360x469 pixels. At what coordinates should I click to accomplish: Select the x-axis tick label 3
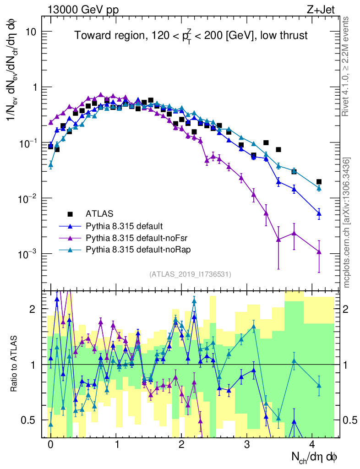(x=247, y=444)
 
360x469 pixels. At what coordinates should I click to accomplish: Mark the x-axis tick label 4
(x=312, y=444)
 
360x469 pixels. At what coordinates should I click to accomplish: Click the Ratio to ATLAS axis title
(x=15, y=364)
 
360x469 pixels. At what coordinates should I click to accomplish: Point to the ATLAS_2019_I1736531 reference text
(x=190, y=274)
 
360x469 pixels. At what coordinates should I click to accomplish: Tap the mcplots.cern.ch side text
(x=347, y=222)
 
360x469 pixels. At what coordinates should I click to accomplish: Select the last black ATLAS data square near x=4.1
(x=319, y=182)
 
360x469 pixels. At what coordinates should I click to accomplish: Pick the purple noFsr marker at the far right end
(x=319, y=252)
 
